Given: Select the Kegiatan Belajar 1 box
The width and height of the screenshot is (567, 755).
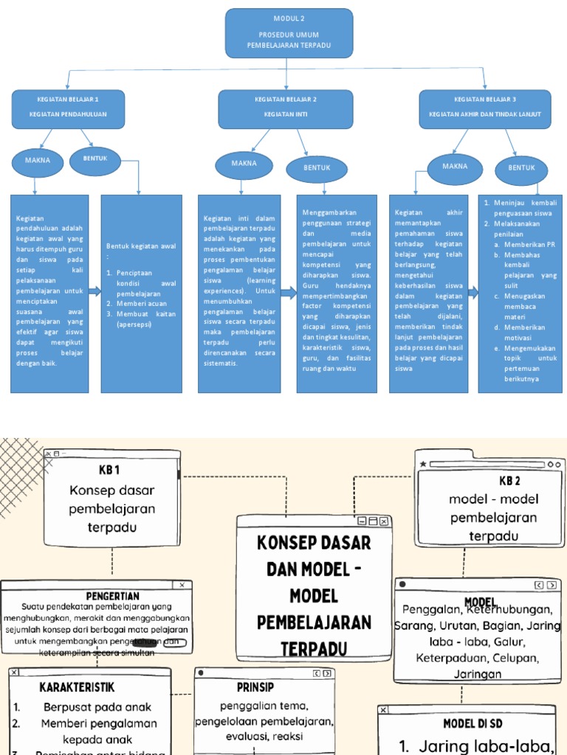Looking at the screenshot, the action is [x=68, y=108].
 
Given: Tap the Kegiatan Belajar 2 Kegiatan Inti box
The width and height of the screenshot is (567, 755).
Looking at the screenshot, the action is [x=285, y=108].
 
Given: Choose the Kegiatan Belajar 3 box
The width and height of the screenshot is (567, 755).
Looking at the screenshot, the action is [x=484, y=108].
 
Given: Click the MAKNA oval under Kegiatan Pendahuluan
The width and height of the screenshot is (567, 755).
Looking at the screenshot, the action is [x=38, y=161].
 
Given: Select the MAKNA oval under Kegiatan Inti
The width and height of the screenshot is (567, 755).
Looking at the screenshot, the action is [x=244, y=164].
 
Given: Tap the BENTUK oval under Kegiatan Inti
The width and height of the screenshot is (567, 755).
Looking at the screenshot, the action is [x=317, y=168].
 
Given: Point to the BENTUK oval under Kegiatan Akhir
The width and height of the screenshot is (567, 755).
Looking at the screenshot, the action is [x=521, y=168].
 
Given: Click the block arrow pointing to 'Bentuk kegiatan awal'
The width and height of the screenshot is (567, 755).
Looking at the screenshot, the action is [x=94, y=292].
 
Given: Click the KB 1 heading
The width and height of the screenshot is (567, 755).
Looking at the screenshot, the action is [x=109, y=470].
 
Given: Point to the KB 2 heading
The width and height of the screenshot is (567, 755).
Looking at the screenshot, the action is [x=509, y=481].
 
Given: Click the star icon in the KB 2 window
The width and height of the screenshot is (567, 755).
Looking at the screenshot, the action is [x=423, y=464].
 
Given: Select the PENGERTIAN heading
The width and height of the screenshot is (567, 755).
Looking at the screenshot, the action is [x=112, y=595].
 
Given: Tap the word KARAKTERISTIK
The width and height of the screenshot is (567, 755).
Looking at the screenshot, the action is [x=77, y=687].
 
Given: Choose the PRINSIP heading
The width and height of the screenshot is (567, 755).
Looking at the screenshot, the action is [x=255, y=686].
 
